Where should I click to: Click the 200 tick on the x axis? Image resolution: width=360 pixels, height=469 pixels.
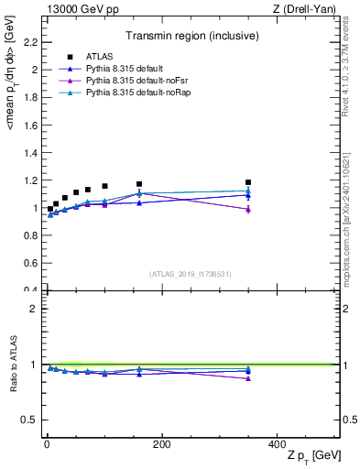pyautogui.click(x=162, y=445)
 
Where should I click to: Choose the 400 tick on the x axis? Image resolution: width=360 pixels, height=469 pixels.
pyautogui.click(x=277, y=445)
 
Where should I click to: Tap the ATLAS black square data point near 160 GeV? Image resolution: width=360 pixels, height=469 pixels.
pyautogui.click(x=139, y=184)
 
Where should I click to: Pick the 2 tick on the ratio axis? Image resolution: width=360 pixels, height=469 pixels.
pyautogui.click(x=33, y=309)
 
